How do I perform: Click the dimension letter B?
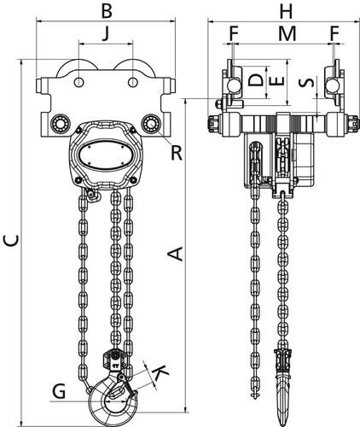pos(107,12)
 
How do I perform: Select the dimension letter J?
pos(106,34)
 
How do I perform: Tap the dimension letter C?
pos(11,241)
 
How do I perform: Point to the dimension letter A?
pos(175,254)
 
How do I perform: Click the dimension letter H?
pos(286,12)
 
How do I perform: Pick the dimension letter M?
pos(287,33)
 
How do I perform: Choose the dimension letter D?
pos(256,80)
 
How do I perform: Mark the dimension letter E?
pos(276,81)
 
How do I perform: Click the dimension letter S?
pos(307,82)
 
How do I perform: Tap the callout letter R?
pos(177,153)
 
